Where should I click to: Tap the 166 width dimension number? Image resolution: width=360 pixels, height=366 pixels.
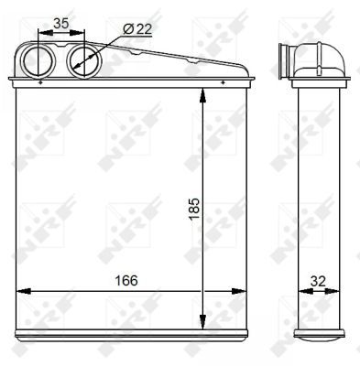click(x=125, y=280)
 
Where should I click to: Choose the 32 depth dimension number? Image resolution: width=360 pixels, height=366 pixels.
click(x=318, y=280)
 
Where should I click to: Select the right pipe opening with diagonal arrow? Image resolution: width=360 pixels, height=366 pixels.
click(x=85, y=62)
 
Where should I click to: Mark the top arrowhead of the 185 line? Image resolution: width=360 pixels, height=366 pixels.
click(x=202, y=94)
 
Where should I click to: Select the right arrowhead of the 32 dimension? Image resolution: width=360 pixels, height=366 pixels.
click(x=340, y=293)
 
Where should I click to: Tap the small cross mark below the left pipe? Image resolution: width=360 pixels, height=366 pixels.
click(x=42, y=82)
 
